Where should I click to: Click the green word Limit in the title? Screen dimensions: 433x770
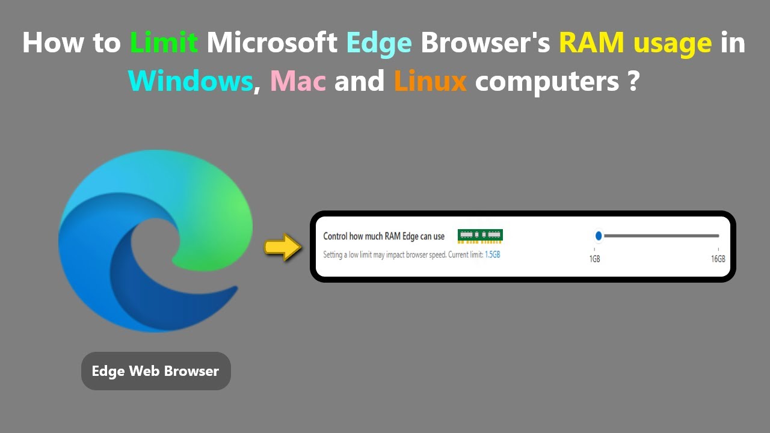click(164, 43)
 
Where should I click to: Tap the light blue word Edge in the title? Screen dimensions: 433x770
click(379, 43)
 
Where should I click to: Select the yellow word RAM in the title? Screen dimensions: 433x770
click(588, 43)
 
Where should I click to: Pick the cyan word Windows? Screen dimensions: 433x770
click(190, 81)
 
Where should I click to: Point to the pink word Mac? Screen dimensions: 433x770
click(298, 81)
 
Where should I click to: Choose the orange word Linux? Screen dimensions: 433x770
click(430, 81)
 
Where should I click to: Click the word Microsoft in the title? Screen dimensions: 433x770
click(272, 43)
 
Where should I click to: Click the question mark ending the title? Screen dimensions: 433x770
click(632, 81)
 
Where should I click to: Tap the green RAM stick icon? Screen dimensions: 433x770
click(480, 236)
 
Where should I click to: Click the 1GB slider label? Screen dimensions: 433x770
click(594, 259)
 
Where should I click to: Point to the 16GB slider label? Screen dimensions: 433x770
click(718, 259)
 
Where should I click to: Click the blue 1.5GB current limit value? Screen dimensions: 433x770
click(492, 255)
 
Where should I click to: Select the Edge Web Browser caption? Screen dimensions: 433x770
click(155, 371)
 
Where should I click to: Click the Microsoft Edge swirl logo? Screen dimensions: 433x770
click(155, 241)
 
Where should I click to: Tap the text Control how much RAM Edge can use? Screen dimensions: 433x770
click(384, 236)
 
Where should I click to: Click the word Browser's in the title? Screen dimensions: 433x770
click(485, 43)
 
